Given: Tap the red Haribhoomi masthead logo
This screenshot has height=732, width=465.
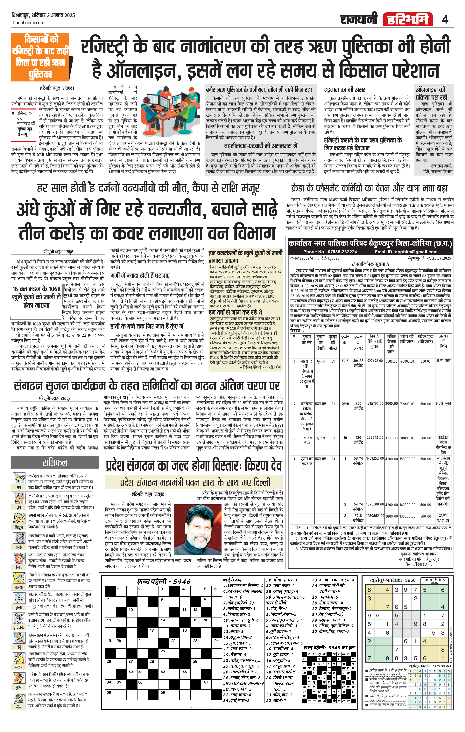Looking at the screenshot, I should tap(407, 19).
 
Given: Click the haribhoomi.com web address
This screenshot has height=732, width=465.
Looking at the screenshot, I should tap(29, 23).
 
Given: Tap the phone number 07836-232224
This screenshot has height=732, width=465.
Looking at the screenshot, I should tap(330, 252).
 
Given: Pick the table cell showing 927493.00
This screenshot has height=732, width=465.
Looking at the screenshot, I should tap(375, 361).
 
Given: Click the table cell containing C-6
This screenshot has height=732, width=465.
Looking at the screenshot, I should tap(345, 361).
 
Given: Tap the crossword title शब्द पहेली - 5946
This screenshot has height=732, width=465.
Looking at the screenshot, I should tap(163, 582).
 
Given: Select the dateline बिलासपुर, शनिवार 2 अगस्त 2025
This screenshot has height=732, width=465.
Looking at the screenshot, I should tap(43, 15).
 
